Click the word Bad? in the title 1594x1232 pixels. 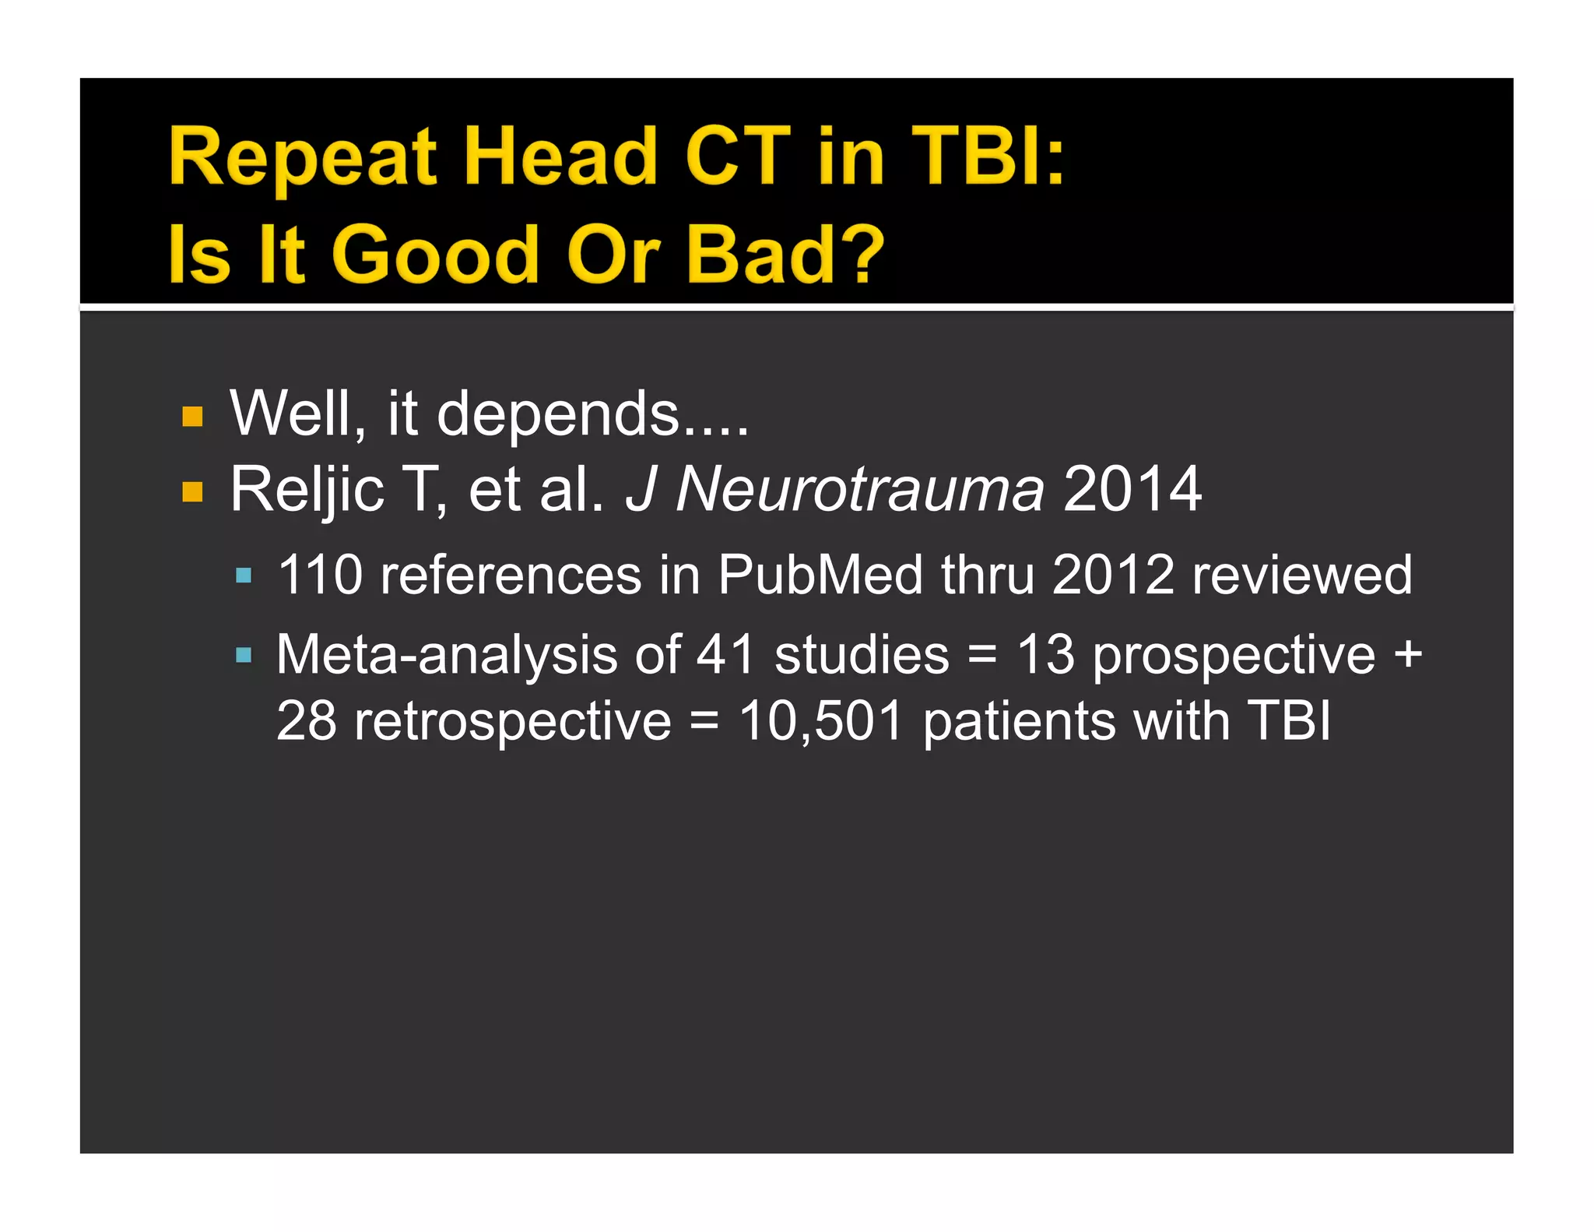(x=785, y=254)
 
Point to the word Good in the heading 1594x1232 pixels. (x=435, y=254)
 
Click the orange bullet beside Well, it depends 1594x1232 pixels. (x=192, y=417)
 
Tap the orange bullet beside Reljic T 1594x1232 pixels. (x=192, y=492)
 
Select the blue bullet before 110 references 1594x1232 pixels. (x=244, y=576)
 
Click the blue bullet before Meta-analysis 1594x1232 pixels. (x=244, y=655)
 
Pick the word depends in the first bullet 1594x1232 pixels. (x=559, y=414)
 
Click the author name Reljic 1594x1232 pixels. (x=307, y=490)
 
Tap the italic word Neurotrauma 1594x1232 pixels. (x=859, y=490)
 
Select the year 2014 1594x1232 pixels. (x=1132, y=490)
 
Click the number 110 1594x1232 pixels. (x=320, y=576)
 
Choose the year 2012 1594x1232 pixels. (x=1112, y=576)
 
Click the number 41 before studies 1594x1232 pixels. (x=725, y=654)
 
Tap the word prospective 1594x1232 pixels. (x=1234, y=656)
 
